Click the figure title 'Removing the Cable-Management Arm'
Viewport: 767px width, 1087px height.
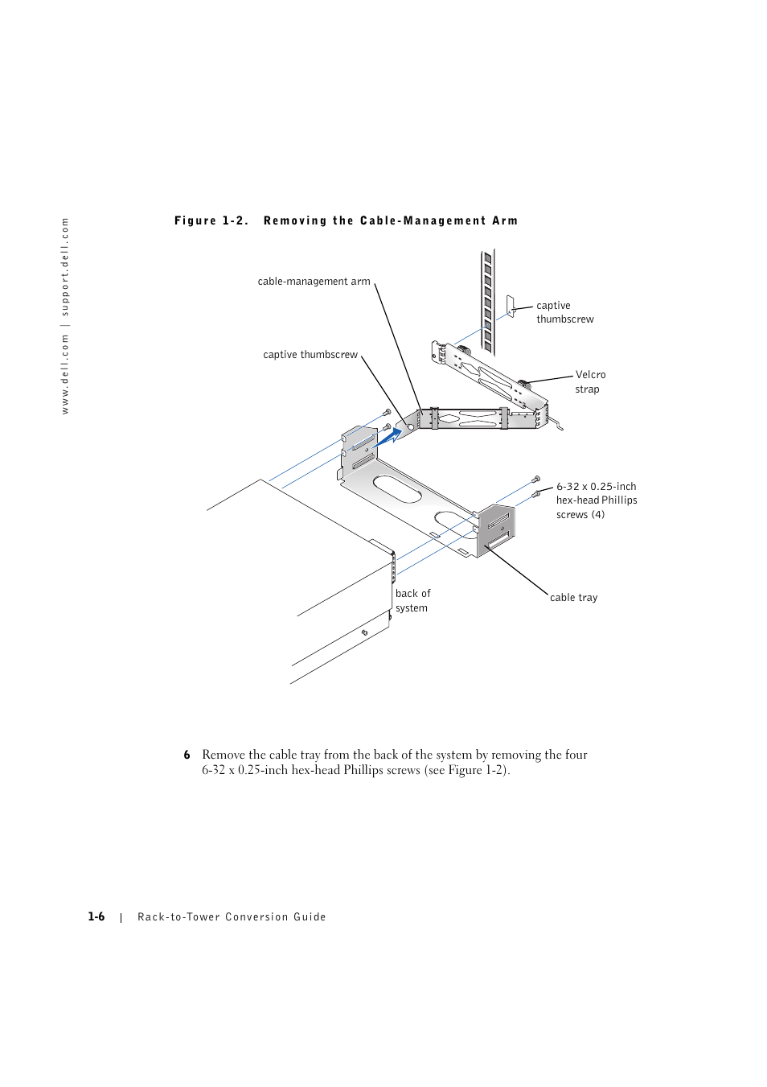[x=391, y=220]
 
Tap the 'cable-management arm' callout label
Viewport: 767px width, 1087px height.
[x=314, y=282]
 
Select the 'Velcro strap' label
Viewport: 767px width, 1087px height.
[x=590, y=382]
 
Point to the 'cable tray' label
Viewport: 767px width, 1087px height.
[x=573, y=598]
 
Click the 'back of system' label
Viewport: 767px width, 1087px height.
[x=412, y=601]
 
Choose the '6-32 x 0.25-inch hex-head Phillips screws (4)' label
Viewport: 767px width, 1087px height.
[x=596, y=500]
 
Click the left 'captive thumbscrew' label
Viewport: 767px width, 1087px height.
[x=310, y=355]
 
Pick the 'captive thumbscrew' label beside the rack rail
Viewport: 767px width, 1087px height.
[x=564, y=312]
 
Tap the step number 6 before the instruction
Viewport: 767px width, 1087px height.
[x=187, y=755]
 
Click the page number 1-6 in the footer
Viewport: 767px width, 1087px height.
[x=96, y=916]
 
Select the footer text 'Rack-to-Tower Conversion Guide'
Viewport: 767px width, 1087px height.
[x=232, y=917]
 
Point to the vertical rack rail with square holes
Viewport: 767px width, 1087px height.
[x=487, y=302]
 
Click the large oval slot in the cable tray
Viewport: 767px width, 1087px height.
[x=397, y=488]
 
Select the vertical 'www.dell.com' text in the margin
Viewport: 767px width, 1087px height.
[x=65, y=375]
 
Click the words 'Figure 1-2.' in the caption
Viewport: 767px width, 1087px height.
[x=211, y=220]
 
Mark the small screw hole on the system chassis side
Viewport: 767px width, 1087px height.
[x=364, y=632]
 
